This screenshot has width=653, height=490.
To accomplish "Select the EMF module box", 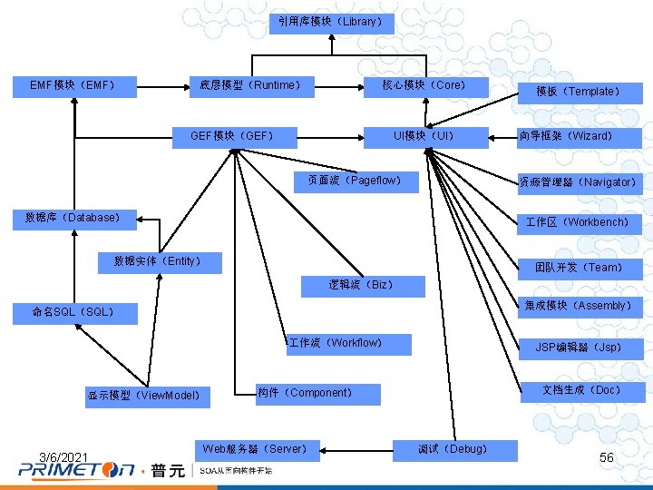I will (x=73, y=86).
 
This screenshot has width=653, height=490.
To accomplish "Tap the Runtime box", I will (x=249, y=86).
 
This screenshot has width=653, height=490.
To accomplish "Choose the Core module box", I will (x=424, y=86).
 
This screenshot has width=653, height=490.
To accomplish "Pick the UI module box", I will (x=424, y=137).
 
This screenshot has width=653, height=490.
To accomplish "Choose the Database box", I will (x=73, y=218).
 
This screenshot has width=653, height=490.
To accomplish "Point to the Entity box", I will (x=157, y=261).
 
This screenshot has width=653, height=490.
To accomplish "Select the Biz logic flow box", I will (x=361, y=285).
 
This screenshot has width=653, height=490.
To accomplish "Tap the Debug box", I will (x=453, y=449).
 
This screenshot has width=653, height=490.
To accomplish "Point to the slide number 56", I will (x=607, y=458).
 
